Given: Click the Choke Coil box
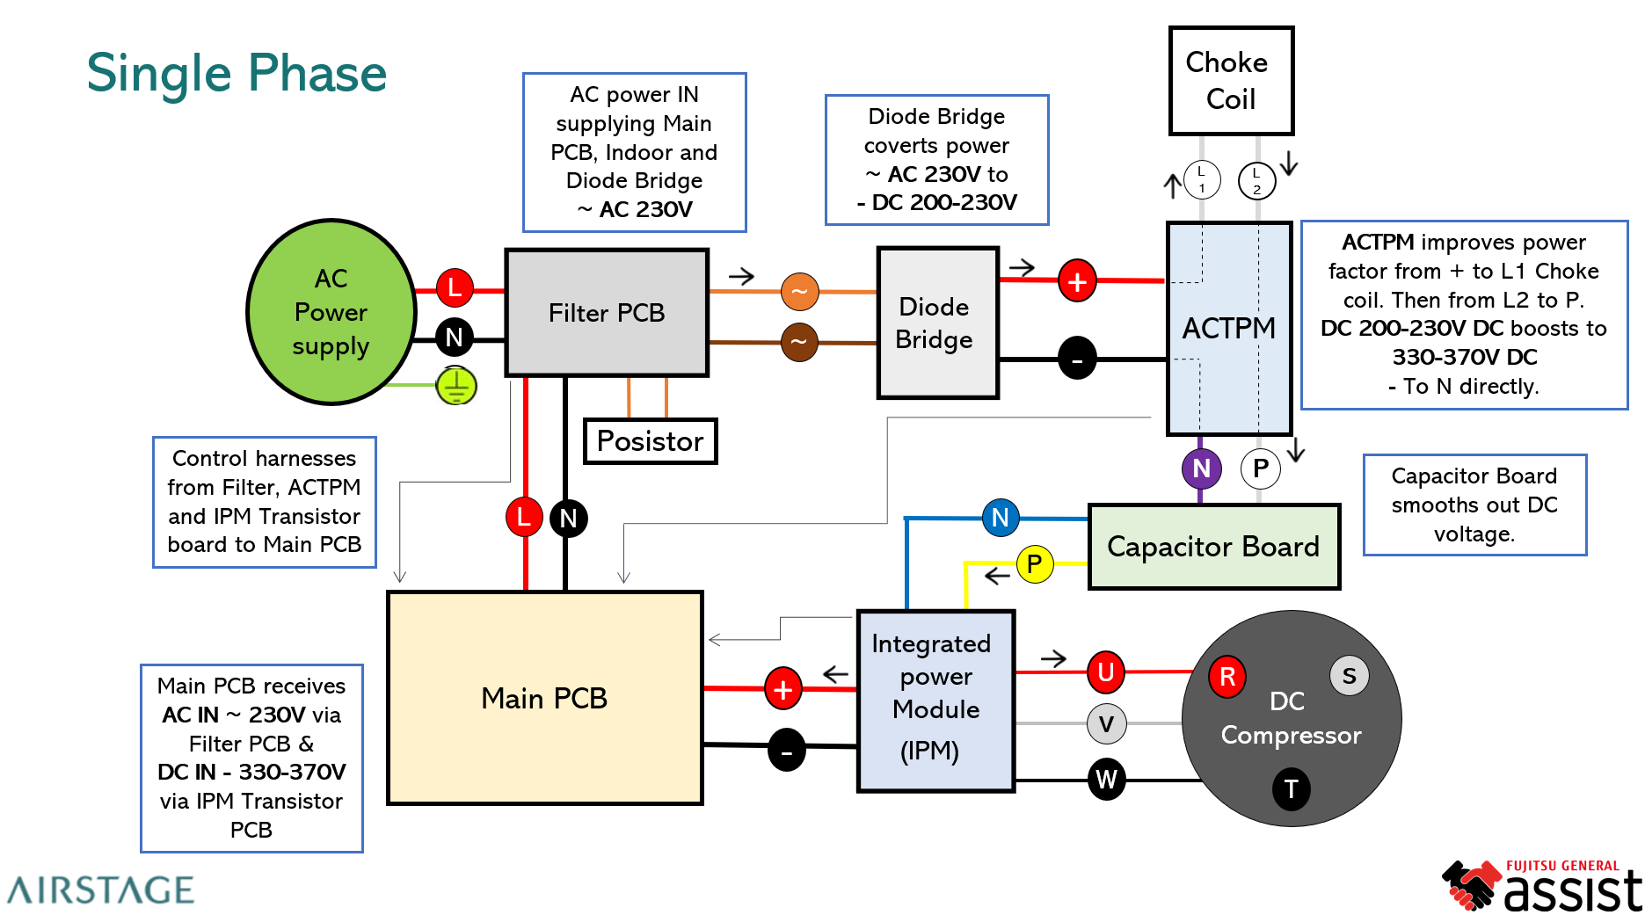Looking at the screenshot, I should (x=1231, y=81).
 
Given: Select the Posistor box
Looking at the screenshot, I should (x=651, y=441).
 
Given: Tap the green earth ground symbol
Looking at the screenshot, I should (x=456, y=386).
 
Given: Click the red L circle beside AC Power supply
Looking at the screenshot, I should (x=455, y=287).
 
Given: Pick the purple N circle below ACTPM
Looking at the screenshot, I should (x=1201, y=468).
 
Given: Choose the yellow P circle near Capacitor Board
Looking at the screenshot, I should (x=1035, y=563).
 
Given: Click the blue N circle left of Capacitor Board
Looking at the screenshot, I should (x=1001, y=518).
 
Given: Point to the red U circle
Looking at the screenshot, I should (x=1106, y=672).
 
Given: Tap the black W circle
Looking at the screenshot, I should (x=1106, y=780).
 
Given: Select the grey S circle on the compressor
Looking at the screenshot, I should (x=1349, y=676).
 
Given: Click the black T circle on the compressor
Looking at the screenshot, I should (x=1291, y=789).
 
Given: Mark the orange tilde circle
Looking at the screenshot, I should (x=799, y=292).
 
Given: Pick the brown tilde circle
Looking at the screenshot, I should (x=799, y=342).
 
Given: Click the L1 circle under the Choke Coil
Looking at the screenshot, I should (x=1202, y=180).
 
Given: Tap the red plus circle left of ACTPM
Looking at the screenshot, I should (x=1077, y=282).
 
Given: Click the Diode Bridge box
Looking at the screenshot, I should (x=937, y=323).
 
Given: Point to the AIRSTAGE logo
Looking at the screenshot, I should (x=101, y=890).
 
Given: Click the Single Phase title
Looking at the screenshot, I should (x=237, y=73).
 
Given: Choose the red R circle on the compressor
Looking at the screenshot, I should (x=1227, y=676).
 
